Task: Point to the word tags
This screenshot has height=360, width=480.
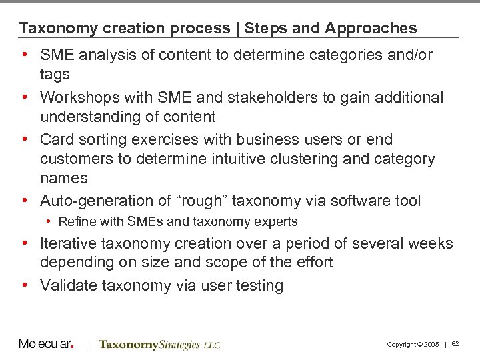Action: pos(55,75)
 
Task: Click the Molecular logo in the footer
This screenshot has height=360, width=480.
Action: pos(45,344)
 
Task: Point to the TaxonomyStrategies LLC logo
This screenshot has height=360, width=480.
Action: pos(159,345)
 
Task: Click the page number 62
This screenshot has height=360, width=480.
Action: pos(456,344)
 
